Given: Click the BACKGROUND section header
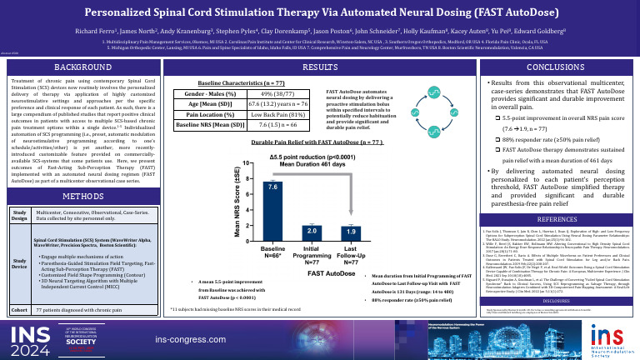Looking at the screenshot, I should coord(78,65).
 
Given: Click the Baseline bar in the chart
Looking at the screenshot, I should coord(273,200).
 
